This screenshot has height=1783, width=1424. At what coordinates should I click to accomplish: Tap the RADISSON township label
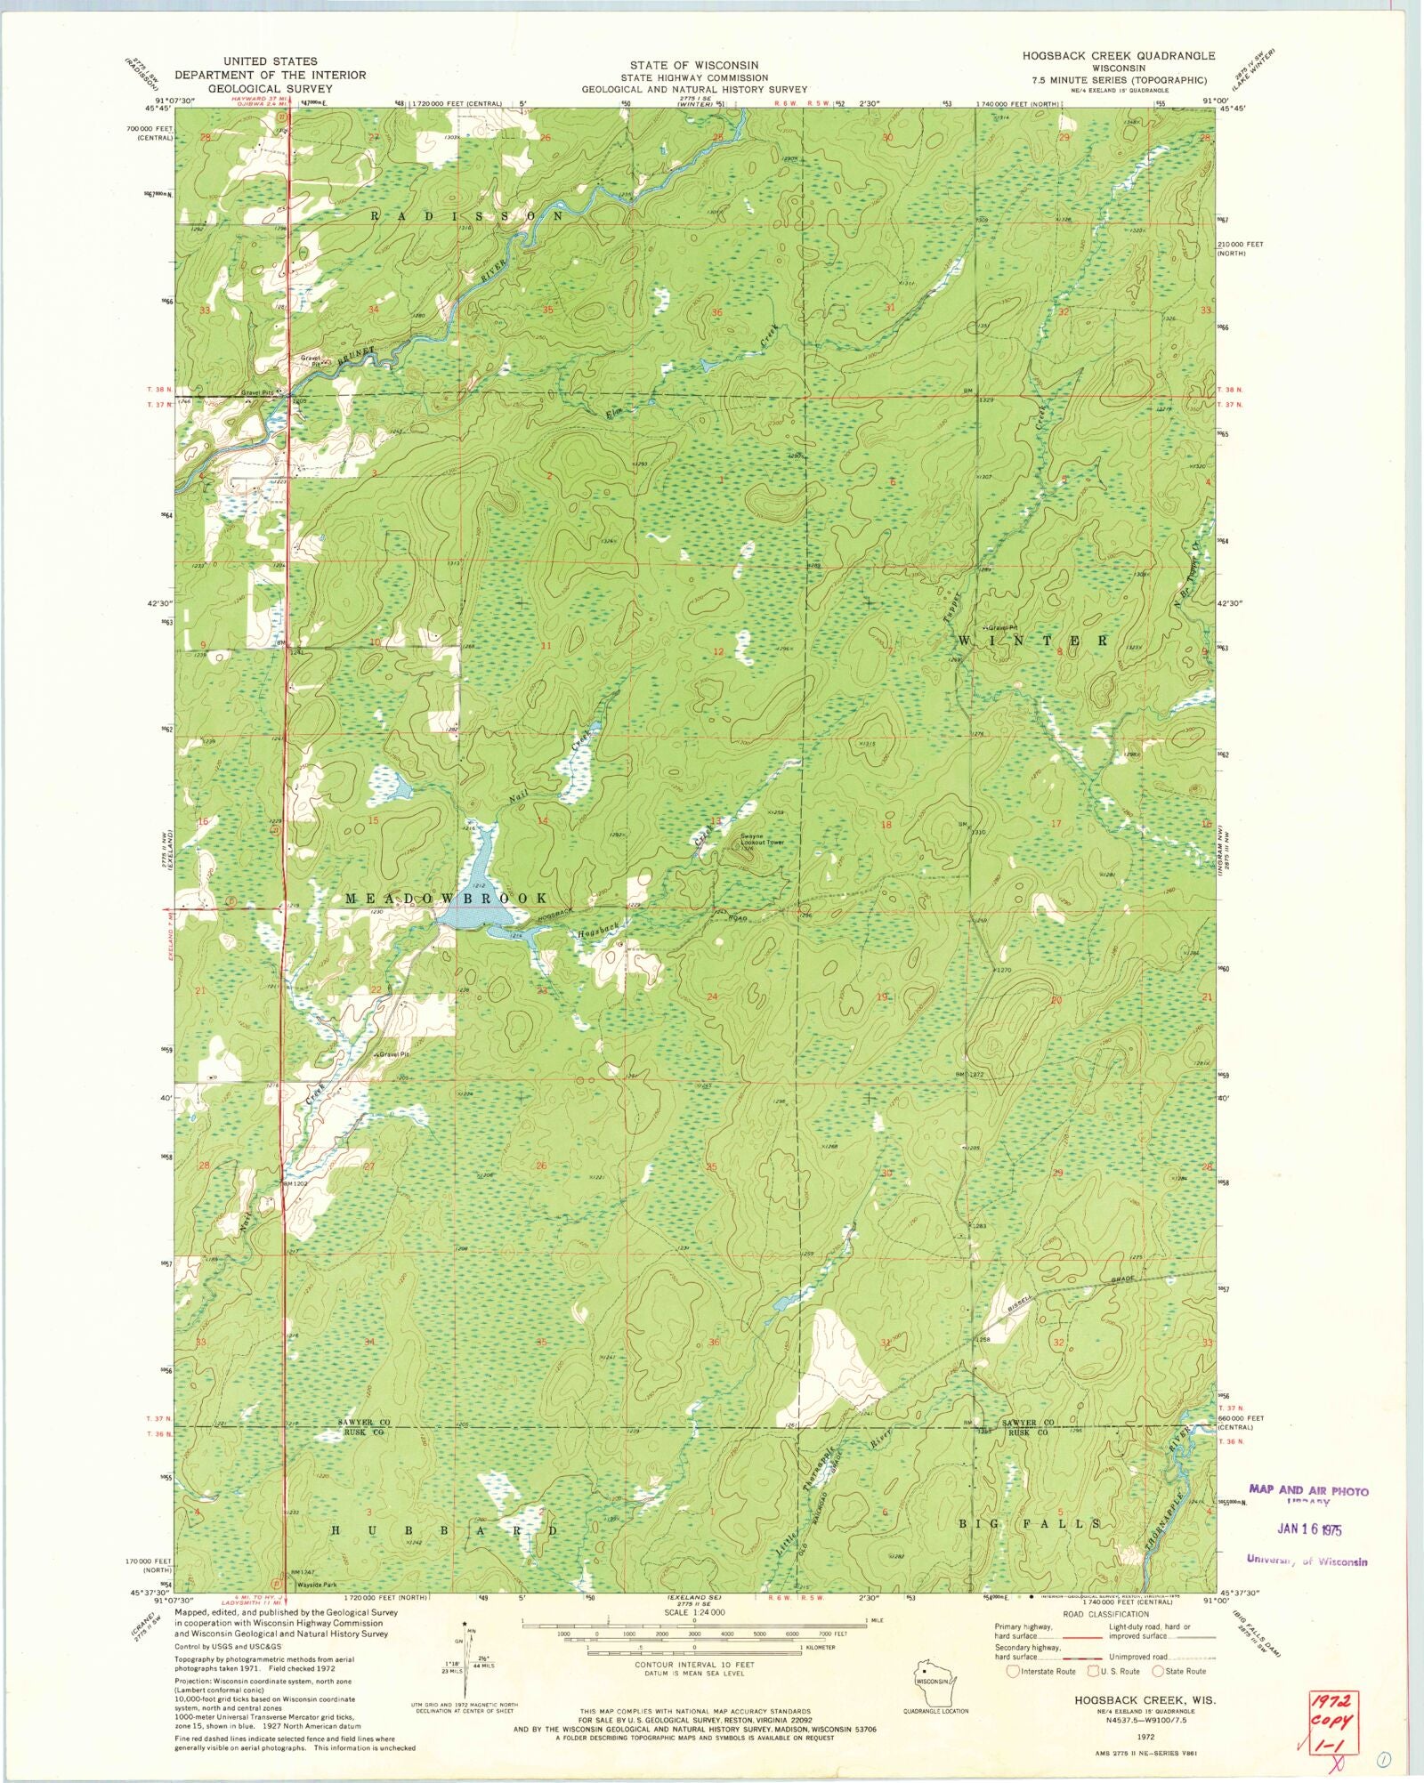[467, 215]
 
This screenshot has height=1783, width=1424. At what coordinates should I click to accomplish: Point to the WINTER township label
[1033, 640]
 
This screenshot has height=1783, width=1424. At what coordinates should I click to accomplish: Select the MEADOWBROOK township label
[445, 899]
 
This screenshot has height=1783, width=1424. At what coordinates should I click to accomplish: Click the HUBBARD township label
[444, 1530]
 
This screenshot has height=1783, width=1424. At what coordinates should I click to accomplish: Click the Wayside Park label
[314, 1585]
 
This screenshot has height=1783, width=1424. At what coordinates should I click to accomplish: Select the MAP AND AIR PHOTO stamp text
[1308, 1489]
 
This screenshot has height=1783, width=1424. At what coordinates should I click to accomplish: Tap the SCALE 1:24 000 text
[692, 1612]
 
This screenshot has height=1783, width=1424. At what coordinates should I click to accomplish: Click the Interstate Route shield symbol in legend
[1013, 1672]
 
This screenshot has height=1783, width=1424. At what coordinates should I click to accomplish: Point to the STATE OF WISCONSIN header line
[694, 65]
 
